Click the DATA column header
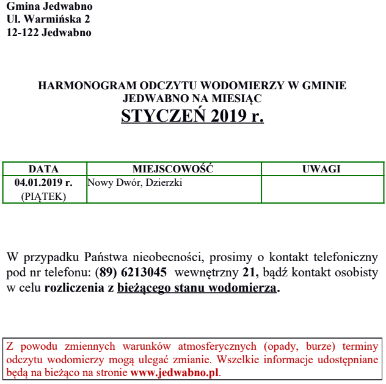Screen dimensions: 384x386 [43, 169]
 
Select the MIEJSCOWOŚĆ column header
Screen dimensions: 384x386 [173, 169]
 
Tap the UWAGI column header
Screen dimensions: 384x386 [321, 169]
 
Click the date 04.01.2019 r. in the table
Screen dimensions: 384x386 [43, 182]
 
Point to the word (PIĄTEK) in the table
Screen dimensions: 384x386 [43, 196]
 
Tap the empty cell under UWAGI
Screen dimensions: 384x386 [322, 190]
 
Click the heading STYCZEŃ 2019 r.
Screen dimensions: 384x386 [192, 116]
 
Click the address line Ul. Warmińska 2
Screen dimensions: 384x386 [48, 20]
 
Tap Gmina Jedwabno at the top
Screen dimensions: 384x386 [49, 7]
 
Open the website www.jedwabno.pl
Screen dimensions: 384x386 [174, 372]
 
